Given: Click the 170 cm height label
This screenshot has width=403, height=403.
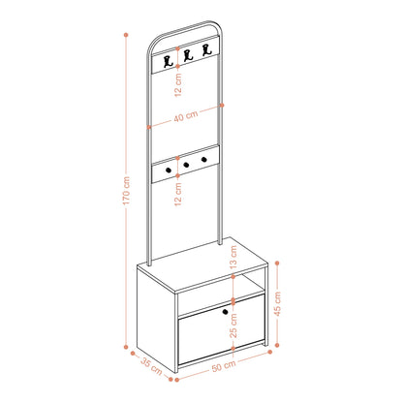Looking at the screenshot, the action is click(x=126, y=191).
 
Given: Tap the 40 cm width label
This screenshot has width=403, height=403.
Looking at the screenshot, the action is click(x=186, y=116).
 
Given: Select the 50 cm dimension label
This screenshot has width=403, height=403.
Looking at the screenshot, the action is click(x=224, y=366).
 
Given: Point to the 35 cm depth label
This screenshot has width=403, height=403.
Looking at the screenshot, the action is click(x=151, y=366).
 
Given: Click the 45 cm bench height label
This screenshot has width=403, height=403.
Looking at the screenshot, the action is click(x=277, y=303).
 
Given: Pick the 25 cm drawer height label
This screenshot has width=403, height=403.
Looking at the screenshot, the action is click(x=233, y=325).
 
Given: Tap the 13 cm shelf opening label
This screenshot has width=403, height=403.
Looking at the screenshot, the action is click(x=233, y=257).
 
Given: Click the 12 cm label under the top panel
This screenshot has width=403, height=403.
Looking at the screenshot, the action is click(x=178, y=84).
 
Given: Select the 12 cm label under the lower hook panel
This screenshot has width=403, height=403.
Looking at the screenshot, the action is click(x=178, y=194).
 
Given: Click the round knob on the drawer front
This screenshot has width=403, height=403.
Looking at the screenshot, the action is click(x=225, y=312).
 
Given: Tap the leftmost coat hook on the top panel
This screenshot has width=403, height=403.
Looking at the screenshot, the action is click(x=168, y=61).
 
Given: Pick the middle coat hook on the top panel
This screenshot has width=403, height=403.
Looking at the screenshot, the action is click(x=188, y=55).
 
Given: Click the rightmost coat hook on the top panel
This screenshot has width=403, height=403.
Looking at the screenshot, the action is click(x=206, y=50).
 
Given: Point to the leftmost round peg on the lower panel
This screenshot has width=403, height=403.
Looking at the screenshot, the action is click(x=169, y=170).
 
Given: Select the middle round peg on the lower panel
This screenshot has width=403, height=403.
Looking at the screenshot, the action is click(x=186, y=165).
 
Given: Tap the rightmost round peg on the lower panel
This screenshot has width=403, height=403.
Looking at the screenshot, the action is click(x=203, y=159).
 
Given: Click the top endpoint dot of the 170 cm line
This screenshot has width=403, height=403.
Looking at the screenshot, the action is click(x=126, y=35).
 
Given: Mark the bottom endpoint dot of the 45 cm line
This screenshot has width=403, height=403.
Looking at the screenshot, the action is click(x=277, y=345).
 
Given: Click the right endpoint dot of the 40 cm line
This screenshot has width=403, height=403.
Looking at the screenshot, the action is click(x=222, y=105).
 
